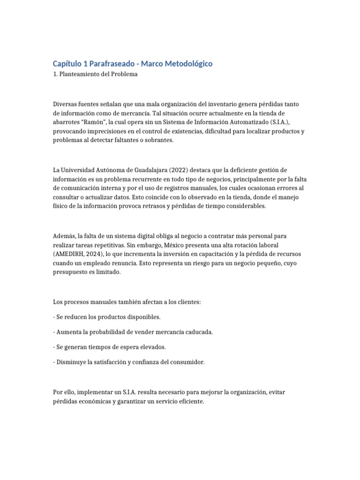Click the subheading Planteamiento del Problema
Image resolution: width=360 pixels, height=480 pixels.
[98, 75]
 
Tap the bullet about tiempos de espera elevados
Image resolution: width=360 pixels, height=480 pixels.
[110, 347]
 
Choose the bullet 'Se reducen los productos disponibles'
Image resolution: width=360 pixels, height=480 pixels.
[107, 317]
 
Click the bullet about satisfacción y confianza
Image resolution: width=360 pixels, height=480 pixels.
[129, 362]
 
